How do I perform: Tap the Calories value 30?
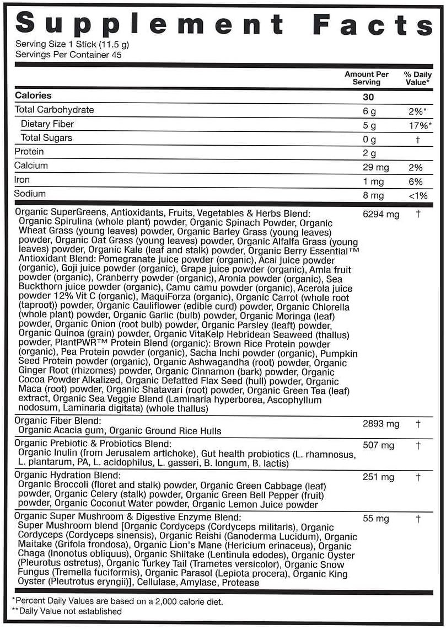368,96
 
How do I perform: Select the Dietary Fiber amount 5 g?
369,124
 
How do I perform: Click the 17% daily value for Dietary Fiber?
417,124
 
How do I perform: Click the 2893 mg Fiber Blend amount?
381,424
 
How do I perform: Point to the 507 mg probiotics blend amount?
378,445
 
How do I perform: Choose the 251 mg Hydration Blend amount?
378,477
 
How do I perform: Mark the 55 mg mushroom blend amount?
375,519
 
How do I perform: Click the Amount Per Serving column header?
367,78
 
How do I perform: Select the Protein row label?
29,152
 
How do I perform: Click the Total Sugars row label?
46,138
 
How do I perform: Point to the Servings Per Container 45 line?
68,55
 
